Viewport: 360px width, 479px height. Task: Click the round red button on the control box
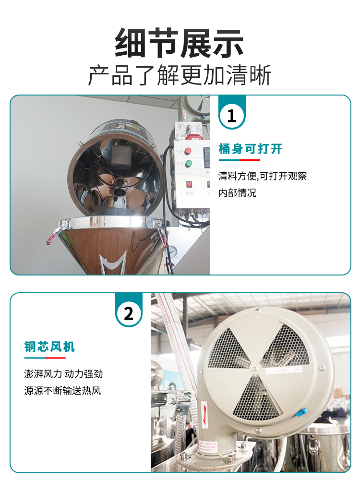coord(188,151)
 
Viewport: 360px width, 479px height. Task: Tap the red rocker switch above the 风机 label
coord(189,184)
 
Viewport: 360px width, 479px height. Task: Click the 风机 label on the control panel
coord(189,193)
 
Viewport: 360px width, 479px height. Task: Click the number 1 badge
coord(232,116)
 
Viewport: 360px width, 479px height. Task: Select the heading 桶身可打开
coord(250,149)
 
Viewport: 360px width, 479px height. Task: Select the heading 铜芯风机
coord(49,347)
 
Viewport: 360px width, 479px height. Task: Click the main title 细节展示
coord(180,43)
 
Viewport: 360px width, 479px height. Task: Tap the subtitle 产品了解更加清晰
coord(180,75)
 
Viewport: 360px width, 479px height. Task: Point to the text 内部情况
coord(237,193)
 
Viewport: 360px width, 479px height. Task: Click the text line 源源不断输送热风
coord(63,390)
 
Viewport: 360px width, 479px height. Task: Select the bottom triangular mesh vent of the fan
coord(257,397)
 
